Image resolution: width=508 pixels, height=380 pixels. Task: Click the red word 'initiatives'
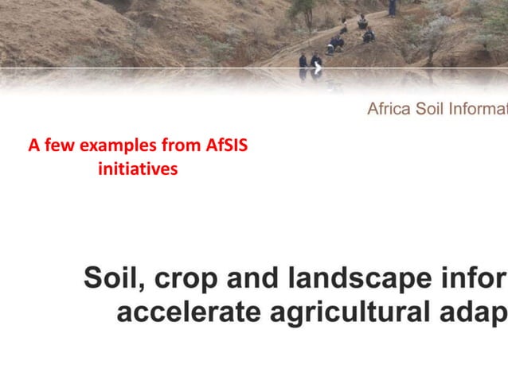(137, 169)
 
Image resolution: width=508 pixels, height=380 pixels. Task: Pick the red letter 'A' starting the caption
(33, 146)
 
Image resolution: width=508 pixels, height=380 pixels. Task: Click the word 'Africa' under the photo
(389, 109)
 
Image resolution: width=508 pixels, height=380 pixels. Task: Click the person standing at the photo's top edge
(392, 7)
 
